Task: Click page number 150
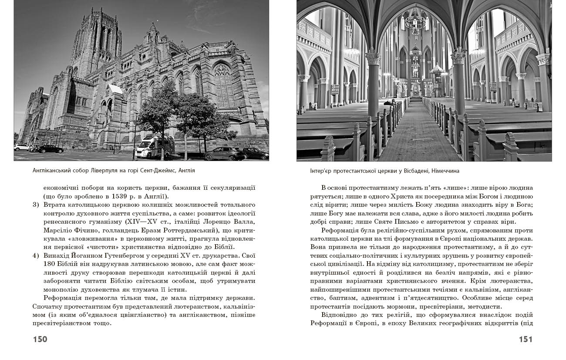point(40,339)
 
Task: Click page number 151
point(526,339)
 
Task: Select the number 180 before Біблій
point(51,264)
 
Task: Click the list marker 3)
point(37,205)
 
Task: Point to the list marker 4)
point(37,256)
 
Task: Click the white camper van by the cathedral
point(153,147)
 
